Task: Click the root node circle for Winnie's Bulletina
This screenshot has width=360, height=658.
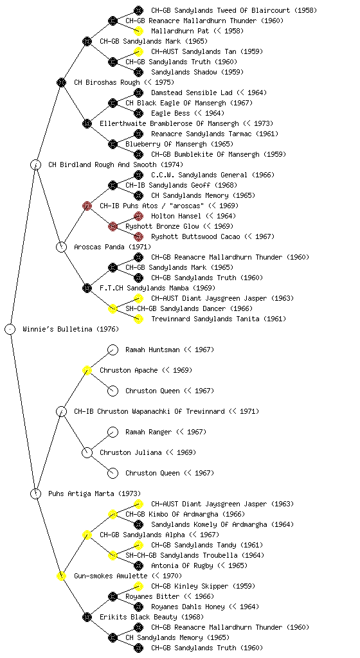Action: coord(10,330)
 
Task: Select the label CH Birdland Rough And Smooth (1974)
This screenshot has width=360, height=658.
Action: coord(115,164)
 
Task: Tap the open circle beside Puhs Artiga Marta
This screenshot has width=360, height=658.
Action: coord(35,494)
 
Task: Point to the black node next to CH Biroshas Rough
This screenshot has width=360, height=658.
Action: coord(61,82)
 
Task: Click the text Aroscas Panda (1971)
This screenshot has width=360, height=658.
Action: coord(113,247)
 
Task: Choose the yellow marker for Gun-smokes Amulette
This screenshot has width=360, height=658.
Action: coord(61,576)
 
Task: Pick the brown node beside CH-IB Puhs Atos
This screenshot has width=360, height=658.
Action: coord(87,206)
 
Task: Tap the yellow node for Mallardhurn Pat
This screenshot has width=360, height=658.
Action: coord(138,31)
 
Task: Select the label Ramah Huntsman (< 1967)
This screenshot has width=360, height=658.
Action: coord(170,350)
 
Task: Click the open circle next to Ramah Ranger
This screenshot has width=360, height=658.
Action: coord(113,432)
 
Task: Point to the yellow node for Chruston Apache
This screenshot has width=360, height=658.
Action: coord(87,370)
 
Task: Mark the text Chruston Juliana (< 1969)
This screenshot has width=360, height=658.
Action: coord(148,452)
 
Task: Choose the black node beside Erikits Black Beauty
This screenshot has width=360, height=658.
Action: coord(87,617)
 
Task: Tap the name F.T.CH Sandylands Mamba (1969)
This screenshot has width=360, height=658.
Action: coord(157,288)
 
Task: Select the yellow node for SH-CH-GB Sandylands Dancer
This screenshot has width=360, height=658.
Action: coord(113,308)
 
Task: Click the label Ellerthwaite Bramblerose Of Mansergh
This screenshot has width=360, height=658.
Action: coord(169,123)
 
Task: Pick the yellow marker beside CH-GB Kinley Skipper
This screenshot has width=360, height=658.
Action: coord(138,586)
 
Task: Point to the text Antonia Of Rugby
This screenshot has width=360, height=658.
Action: coord(182,565)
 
